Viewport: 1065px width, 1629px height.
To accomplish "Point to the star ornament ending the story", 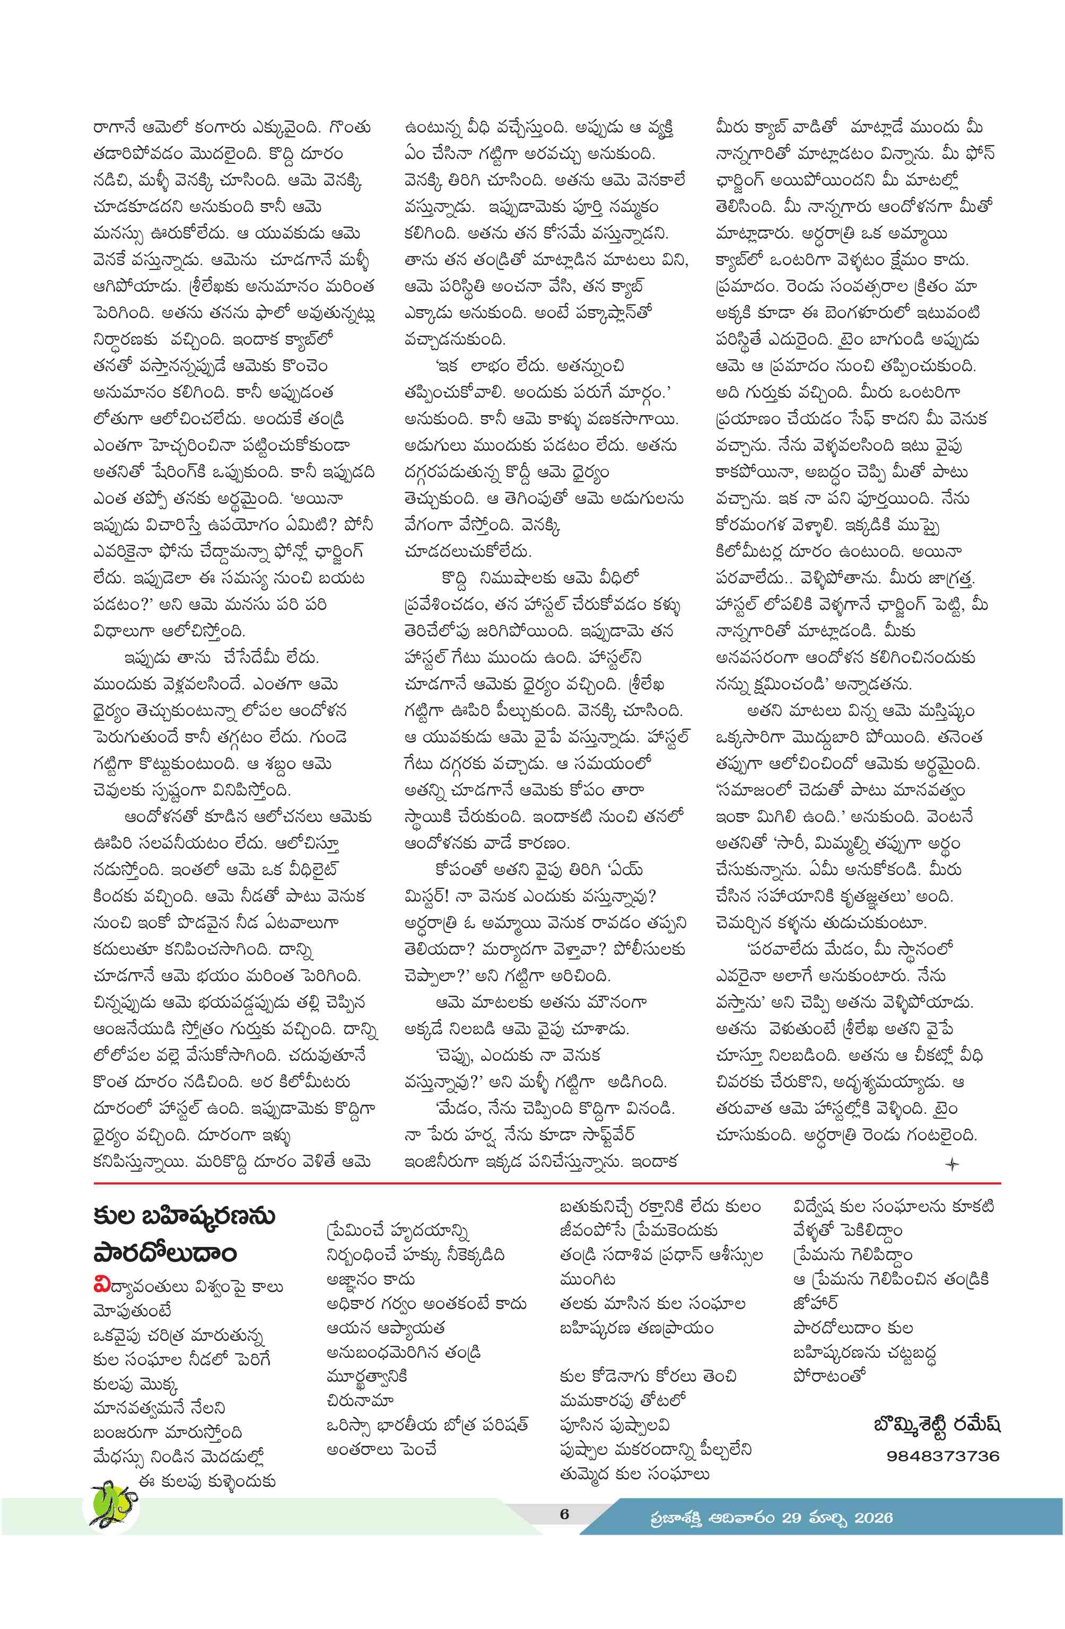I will pyautogui.click(x=951, y=1164).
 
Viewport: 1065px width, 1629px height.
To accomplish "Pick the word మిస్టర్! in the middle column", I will pyautogui.click(x=426, y=896).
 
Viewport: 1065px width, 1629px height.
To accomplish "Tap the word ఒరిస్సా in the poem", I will pyautogui.click(x=351, y=1424).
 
